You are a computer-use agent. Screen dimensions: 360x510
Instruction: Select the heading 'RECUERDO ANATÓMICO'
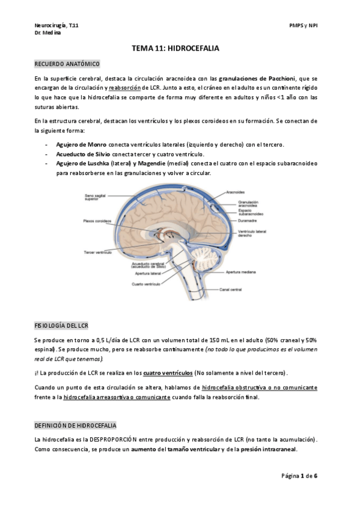67,64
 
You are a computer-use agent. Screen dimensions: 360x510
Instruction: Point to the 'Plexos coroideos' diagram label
97,221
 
